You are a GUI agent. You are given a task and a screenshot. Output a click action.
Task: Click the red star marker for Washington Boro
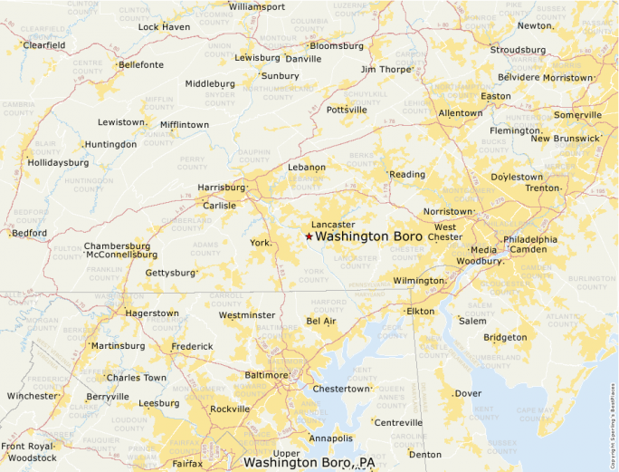tap(309, 236)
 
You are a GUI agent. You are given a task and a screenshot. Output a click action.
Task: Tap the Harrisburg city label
tap(221, 188)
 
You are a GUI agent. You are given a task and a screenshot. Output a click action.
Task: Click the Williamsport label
tap(257, 6)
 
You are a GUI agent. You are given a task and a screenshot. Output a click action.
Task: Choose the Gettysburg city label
tap(170, 272)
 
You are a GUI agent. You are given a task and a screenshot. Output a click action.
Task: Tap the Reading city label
tap(407, 174)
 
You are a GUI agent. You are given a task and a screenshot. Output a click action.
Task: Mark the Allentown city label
tap(460, 113)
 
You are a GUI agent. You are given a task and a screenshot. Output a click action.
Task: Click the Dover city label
tap(468, 393)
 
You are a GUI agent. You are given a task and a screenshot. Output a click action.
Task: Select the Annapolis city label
tap(330, 438)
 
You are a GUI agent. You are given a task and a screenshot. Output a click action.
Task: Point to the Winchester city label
tap(31, 396)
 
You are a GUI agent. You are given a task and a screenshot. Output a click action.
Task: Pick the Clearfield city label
tap(45, 44)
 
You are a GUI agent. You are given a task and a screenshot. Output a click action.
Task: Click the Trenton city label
tap(543, 188)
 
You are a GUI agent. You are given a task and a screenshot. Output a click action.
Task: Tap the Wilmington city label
tap(418, 281)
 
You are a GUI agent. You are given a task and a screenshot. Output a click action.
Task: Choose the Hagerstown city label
tap(151, 313)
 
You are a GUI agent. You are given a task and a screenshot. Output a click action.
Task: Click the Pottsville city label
tap(347, 110)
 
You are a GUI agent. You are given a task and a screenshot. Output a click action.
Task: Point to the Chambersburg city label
tap(117, 246)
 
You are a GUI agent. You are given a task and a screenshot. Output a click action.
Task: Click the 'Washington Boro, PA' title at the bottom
tap(309, 463)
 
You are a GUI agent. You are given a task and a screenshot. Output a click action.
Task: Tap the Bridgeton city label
tap(505, 337)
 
